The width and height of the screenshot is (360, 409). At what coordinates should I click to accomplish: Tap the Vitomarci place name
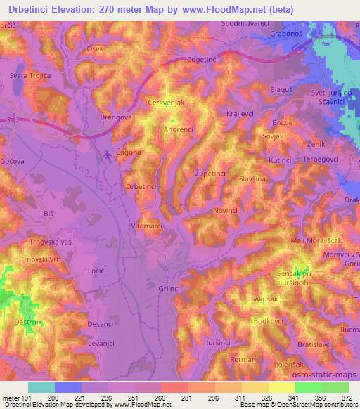tap(146, 226)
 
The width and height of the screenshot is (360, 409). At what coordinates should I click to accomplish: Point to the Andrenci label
tap(178, 129)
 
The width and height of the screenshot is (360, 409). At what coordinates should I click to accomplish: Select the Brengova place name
tap(117, 117)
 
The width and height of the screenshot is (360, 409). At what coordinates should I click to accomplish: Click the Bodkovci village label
tap(267, 321)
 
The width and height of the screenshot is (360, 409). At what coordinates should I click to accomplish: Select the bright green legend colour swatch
tap(309, 387)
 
